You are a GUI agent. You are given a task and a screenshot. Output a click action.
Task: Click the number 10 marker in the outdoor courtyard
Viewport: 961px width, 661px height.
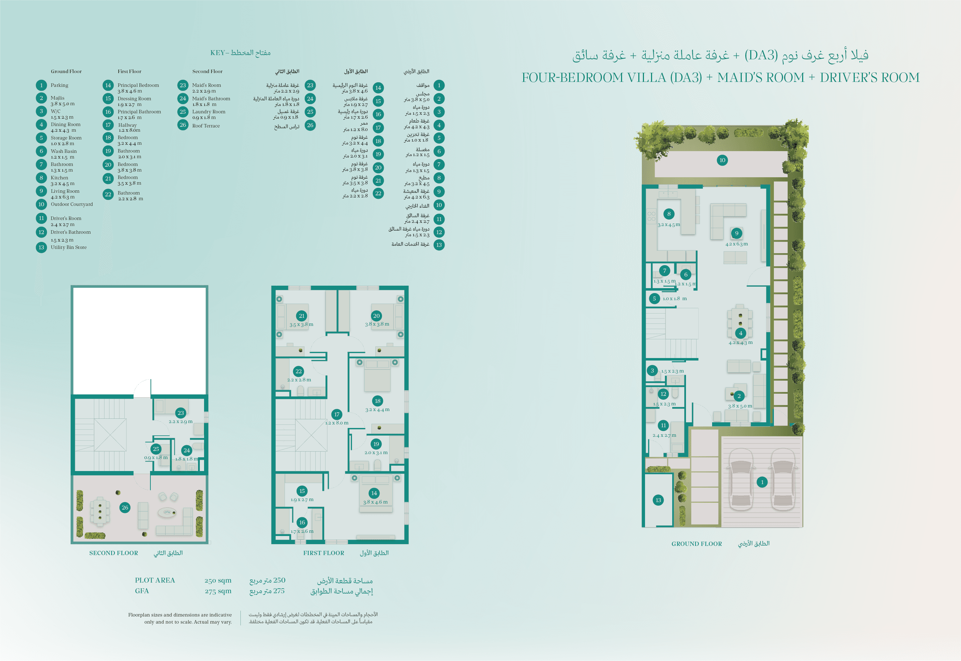(x=722, y=160)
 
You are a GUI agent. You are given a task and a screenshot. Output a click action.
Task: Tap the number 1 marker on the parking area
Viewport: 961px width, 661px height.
(x=762, y=482)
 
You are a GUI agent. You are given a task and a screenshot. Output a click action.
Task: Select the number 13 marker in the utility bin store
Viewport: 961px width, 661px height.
(x=658, y=500)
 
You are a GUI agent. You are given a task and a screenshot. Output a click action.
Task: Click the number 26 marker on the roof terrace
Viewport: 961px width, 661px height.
(x=125, y=508)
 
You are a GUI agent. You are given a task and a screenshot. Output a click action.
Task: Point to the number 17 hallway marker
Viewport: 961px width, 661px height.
(x=336, y=415)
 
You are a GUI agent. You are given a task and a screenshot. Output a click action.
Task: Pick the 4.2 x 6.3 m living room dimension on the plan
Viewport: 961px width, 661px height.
(x=736, y=244)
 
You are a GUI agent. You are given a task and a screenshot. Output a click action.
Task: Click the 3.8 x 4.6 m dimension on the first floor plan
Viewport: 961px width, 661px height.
(x=376, y=502)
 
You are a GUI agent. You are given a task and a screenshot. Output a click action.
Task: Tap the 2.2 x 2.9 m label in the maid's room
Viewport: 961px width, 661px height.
(x=180, y=422)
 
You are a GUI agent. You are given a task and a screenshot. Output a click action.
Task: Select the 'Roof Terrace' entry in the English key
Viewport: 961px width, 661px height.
(x=206, y=126)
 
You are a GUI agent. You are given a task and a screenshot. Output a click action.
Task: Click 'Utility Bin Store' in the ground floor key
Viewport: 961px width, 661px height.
(x=69, y=247)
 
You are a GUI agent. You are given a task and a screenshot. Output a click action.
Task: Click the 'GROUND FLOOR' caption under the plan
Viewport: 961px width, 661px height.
(x=697, y=544)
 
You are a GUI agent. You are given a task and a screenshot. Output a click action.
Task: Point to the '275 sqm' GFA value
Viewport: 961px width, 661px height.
(x=218, y=591)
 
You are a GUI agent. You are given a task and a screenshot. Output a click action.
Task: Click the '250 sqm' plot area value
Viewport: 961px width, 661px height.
(x=218, y=580)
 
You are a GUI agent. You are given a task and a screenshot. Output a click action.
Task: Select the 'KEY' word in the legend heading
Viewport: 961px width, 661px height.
(x=217, y=53)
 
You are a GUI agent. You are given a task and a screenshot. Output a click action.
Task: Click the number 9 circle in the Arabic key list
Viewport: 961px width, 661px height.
(x=439, y=192)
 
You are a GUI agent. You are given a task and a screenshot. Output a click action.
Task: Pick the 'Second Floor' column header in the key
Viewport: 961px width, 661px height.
(x=208, y=71)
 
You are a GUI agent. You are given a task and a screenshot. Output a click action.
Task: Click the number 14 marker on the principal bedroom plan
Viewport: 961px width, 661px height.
(x=374, y=493)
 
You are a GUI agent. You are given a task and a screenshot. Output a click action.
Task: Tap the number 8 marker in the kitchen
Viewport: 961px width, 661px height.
(x=669, y=214)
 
